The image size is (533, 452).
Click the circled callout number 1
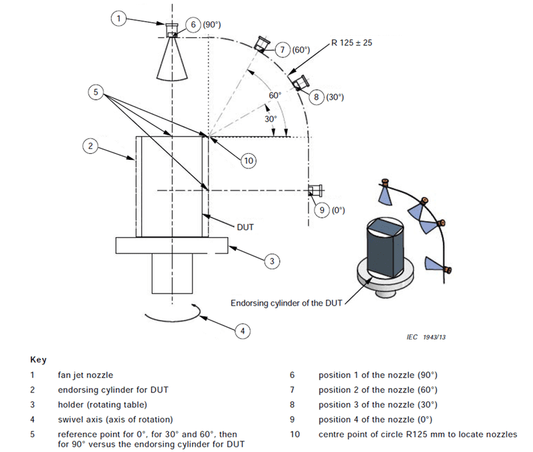(x=117, y=19)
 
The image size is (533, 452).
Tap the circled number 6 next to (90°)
(x=193, y=25)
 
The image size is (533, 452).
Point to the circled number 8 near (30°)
(x=316, y=97)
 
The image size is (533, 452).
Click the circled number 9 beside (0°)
(x=322, y=210)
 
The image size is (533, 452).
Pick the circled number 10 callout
(x=249, y=160)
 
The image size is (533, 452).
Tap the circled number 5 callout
(x=97, y=93)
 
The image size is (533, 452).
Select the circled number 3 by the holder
(x=271, y=262)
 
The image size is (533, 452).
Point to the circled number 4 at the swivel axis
(x=243, y=330)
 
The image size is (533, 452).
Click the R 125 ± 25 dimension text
(x=354, y=44)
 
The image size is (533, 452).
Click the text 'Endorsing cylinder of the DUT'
(x=286, y=303)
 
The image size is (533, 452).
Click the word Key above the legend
(x=39, y=359)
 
